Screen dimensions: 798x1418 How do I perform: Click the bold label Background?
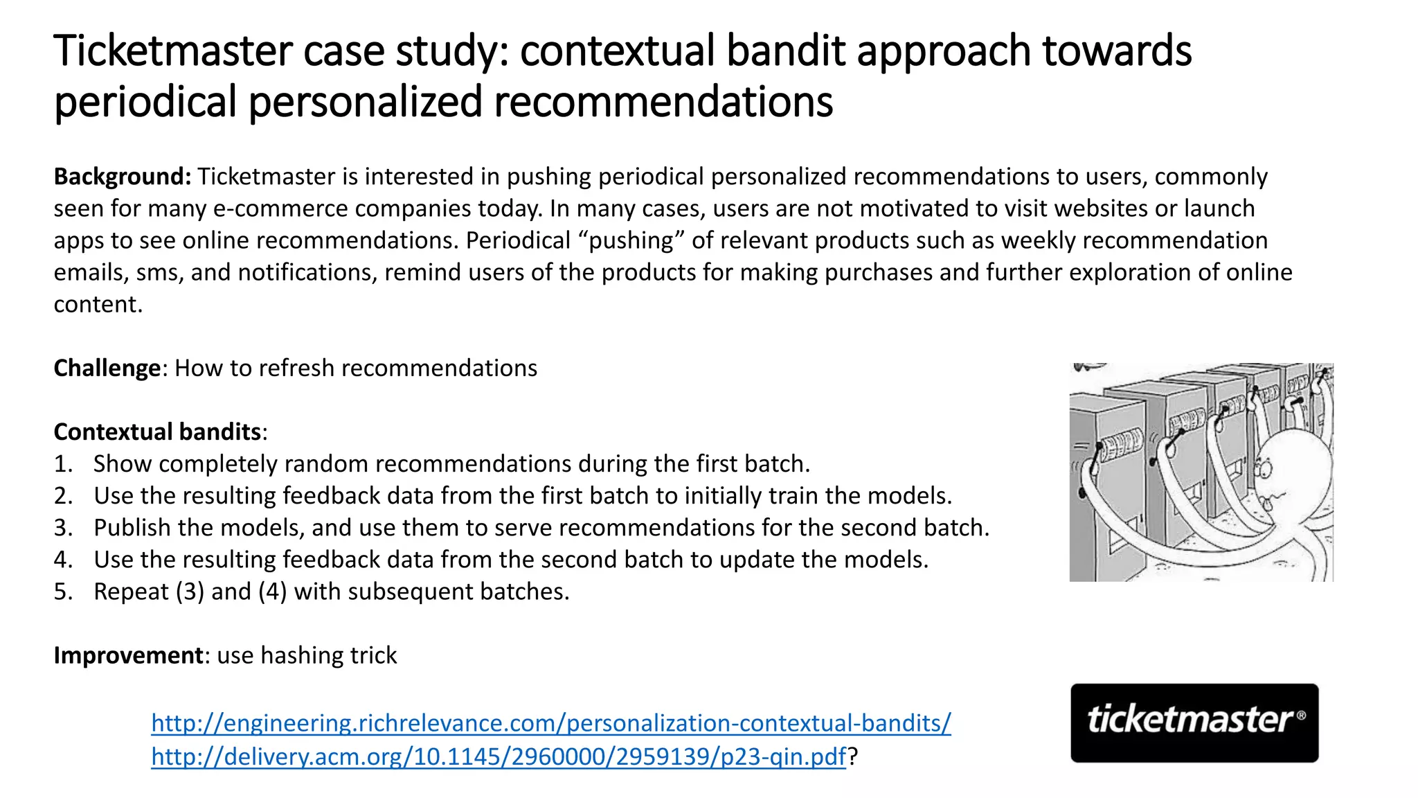click(123, 177)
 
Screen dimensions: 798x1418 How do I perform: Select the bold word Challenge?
click(107, 368)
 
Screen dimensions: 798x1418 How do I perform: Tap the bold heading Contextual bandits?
click(157, 432)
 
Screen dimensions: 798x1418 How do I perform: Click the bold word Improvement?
click(128, 655)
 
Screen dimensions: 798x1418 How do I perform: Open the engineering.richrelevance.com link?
click(550, 723)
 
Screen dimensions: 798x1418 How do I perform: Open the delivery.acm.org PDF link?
click(499, 756)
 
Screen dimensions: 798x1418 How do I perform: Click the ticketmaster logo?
click(1194, 722)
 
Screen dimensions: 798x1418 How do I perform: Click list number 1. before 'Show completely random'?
click(63, 464)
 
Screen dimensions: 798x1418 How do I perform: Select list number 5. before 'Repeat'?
click(63, 592)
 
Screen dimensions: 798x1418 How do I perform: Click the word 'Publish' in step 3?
click(132, 528)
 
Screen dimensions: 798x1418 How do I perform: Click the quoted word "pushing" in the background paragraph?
click(630, 240)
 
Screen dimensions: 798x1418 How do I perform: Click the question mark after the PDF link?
click(853, 756)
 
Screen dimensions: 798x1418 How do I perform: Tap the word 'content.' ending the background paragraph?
click(98, 304)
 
